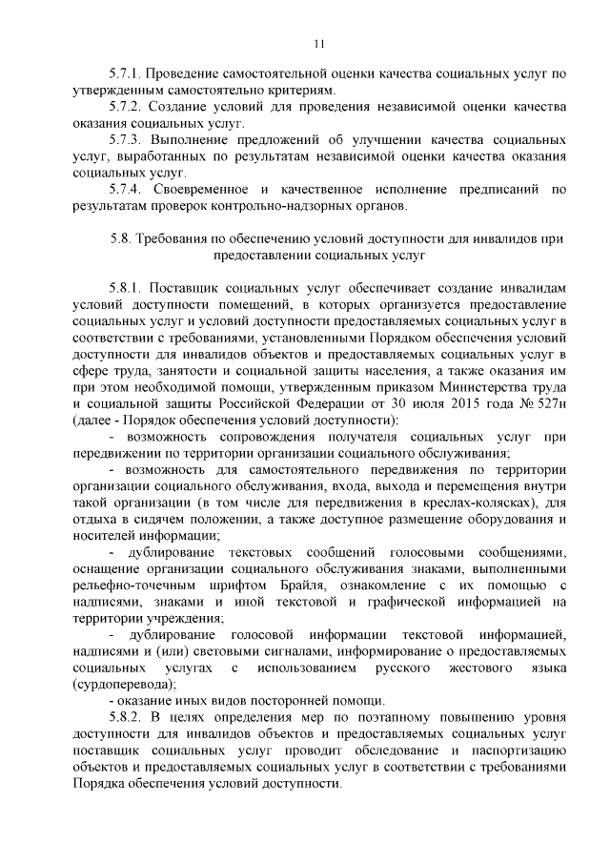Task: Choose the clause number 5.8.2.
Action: click(x=126, y=715)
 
